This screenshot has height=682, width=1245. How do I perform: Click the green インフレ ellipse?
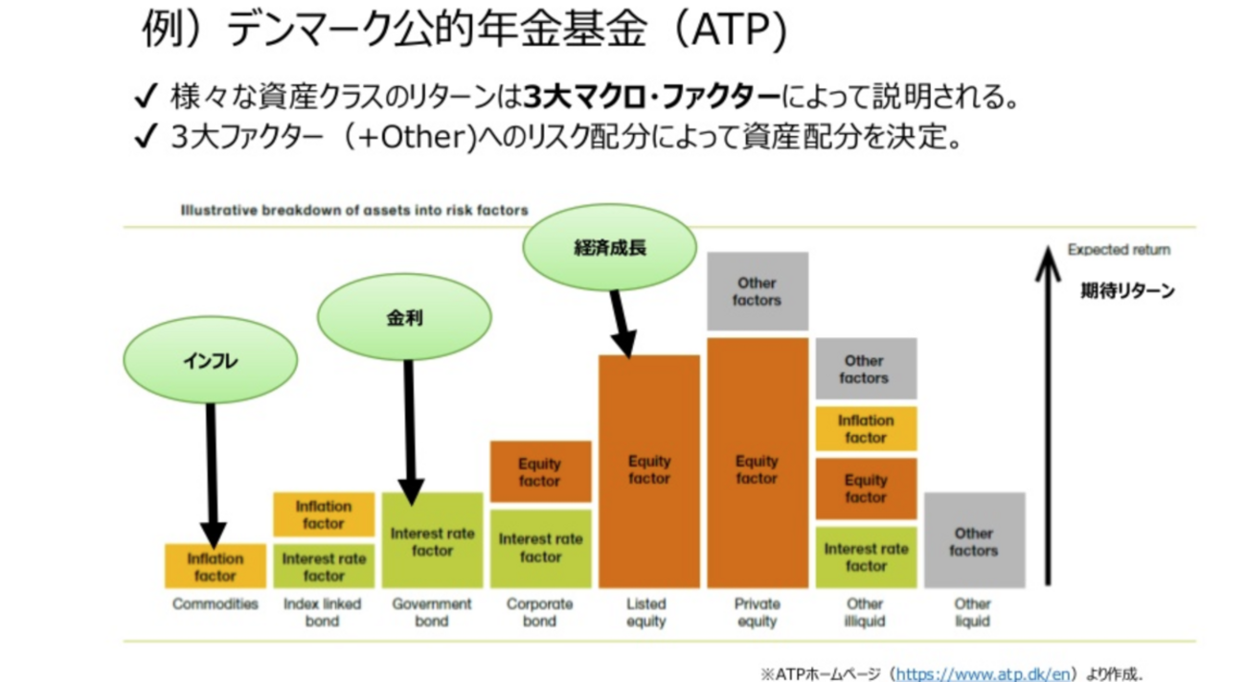[210, 360]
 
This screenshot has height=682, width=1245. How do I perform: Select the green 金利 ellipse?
[404, 317]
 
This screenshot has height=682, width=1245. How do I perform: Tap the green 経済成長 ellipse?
[609, 247]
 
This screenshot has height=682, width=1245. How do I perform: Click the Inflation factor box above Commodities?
[215, 566]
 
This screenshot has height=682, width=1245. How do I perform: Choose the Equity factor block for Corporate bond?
[540, 471]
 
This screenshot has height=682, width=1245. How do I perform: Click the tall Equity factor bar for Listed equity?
[649, 470]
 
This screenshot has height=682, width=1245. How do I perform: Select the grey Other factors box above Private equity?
[758, 291]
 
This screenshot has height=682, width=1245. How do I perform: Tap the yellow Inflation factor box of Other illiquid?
[866, 428]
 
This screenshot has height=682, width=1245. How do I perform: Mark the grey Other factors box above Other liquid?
[974, 541]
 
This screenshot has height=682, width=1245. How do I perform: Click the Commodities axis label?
[215, 604]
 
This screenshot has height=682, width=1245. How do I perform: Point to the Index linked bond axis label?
[324, 612]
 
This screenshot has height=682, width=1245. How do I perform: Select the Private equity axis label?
[758, 612]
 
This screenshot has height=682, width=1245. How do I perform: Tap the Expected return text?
[1119, 250]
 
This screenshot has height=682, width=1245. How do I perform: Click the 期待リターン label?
[1127, 291]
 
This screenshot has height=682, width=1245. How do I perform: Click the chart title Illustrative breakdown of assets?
[354, 211]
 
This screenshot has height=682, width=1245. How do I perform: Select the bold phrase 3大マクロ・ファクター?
[652, 97]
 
